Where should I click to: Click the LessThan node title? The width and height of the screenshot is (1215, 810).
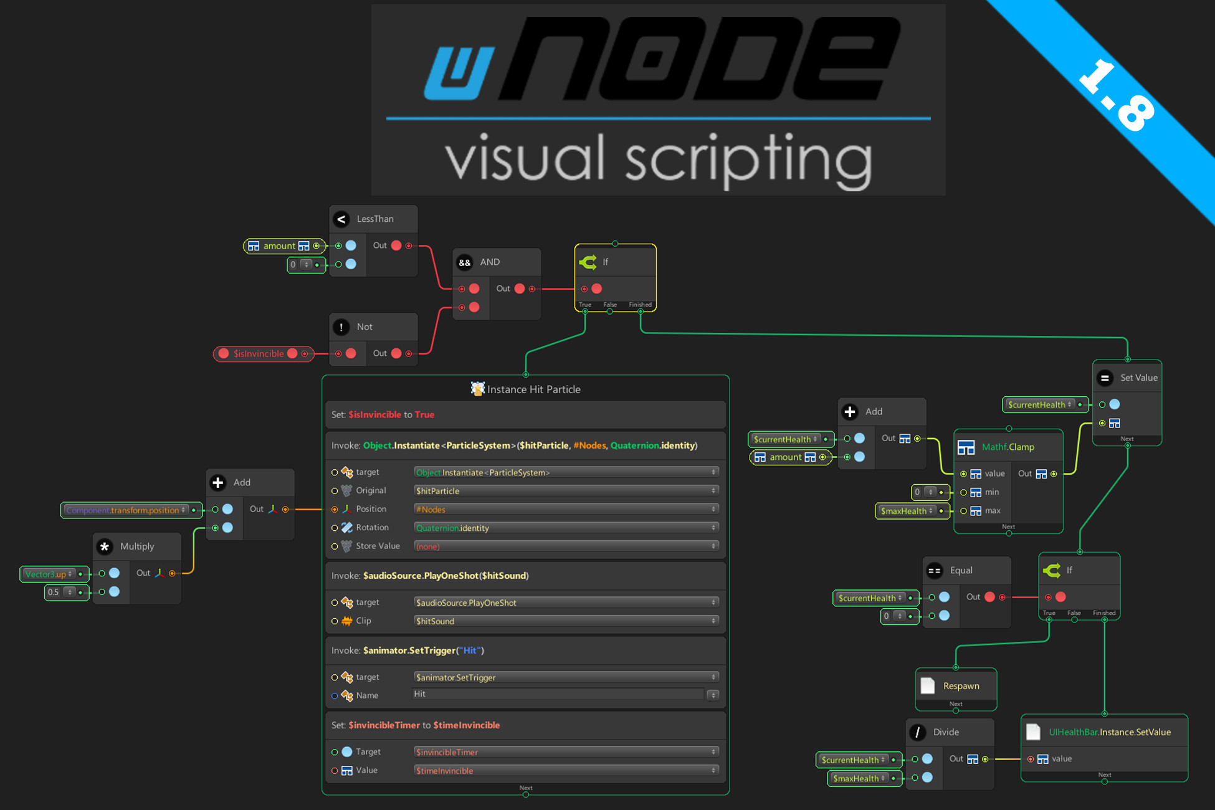[375, 219]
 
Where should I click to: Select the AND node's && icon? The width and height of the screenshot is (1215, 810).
[465, 262]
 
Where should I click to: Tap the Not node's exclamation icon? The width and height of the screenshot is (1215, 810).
[341, 327]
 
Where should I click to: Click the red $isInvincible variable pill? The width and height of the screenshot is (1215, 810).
[258, 354]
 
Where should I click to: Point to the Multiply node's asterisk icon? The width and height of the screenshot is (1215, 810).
[105, 546]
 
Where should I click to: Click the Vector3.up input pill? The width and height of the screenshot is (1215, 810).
[49, 574]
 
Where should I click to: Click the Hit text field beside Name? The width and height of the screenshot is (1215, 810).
[558, 694]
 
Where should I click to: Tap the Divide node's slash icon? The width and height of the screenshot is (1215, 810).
[917, 732]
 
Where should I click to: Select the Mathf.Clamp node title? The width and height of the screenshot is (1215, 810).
[1008, 447]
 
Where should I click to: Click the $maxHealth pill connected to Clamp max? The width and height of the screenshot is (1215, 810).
[907, 511]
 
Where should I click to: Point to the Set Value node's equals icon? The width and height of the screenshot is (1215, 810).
[1105, 378]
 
